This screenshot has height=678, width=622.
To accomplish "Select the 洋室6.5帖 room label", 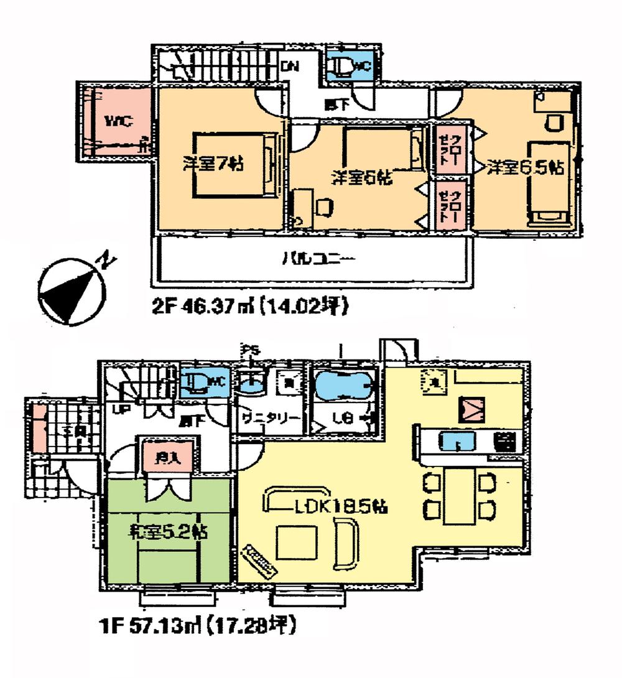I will pos(526,167).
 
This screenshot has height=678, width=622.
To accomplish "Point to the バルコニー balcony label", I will pos(310,257).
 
